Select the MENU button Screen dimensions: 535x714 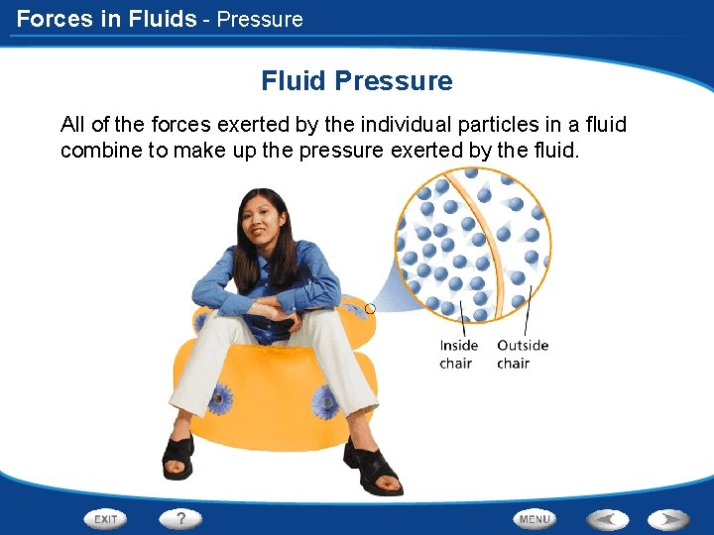tap(535, 518)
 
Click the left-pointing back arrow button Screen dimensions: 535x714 tap(606, 518)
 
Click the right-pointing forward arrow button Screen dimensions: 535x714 tap(669, 518)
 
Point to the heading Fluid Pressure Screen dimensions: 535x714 tap(357, 81)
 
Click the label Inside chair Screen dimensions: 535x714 tap(458, 354)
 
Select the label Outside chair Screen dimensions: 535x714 tap(523, 354)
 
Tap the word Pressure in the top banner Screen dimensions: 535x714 tap(260, 19)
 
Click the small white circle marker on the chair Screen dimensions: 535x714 tap(370, 309)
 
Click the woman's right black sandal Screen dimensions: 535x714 tap(178, 455)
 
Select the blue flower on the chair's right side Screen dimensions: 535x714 tap(325, 401)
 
